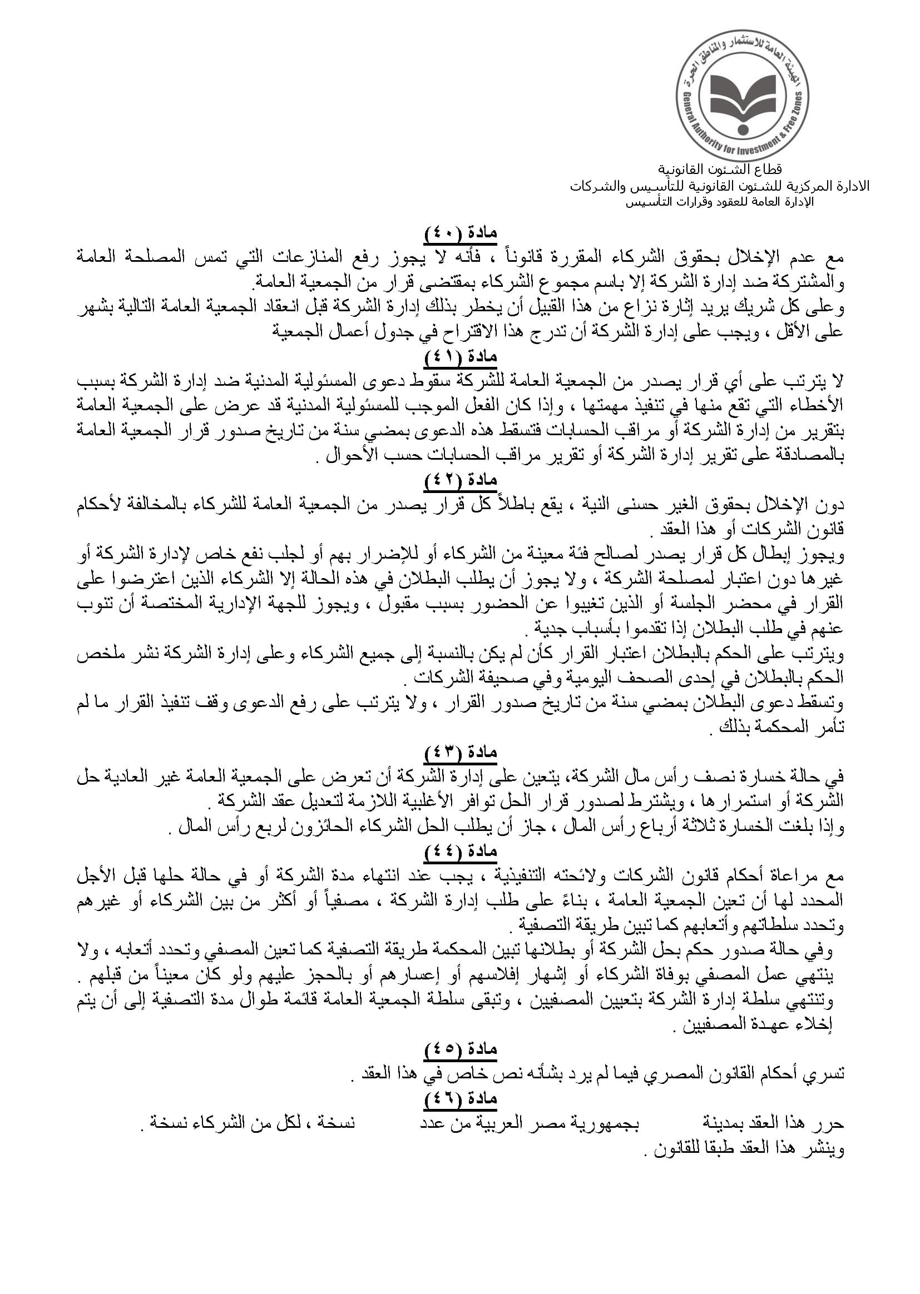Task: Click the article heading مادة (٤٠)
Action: tap(460, 234)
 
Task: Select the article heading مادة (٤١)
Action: tap(460, 357)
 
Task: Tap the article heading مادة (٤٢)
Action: tap(460, 480)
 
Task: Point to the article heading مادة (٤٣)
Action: tap(460, 752)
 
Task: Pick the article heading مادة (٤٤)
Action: tap(460, 851)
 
